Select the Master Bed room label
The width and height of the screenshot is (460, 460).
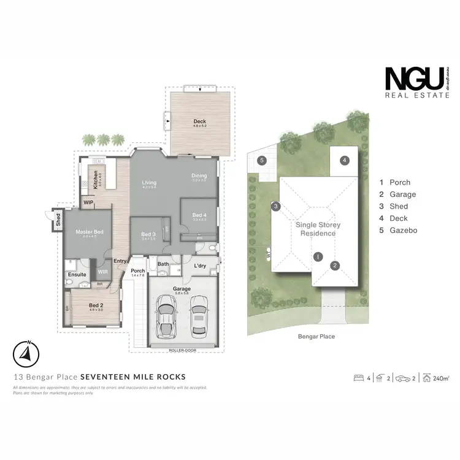[x=87, y=232]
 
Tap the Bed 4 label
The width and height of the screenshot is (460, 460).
[x=199, y=215]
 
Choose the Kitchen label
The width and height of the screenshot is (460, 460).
[x=96, y=178]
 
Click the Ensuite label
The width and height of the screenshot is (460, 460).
[x=77, y=275]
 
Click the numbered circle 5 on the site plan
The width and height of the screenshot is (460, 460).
[x=262, y=161]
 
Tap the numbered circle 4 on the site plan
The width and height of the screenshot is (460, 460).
[x=345, y=160]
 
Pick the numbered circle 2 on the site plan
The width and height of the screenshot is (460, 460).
[x=335, y=266]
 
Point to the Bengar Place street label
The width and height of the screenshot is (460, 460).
[x=316, y=336]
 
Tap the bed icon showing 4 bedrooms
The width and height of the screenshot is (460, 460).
[x=359, y=378]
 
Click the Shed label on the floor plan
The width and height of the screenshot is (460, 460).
[x=58, y=219]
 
